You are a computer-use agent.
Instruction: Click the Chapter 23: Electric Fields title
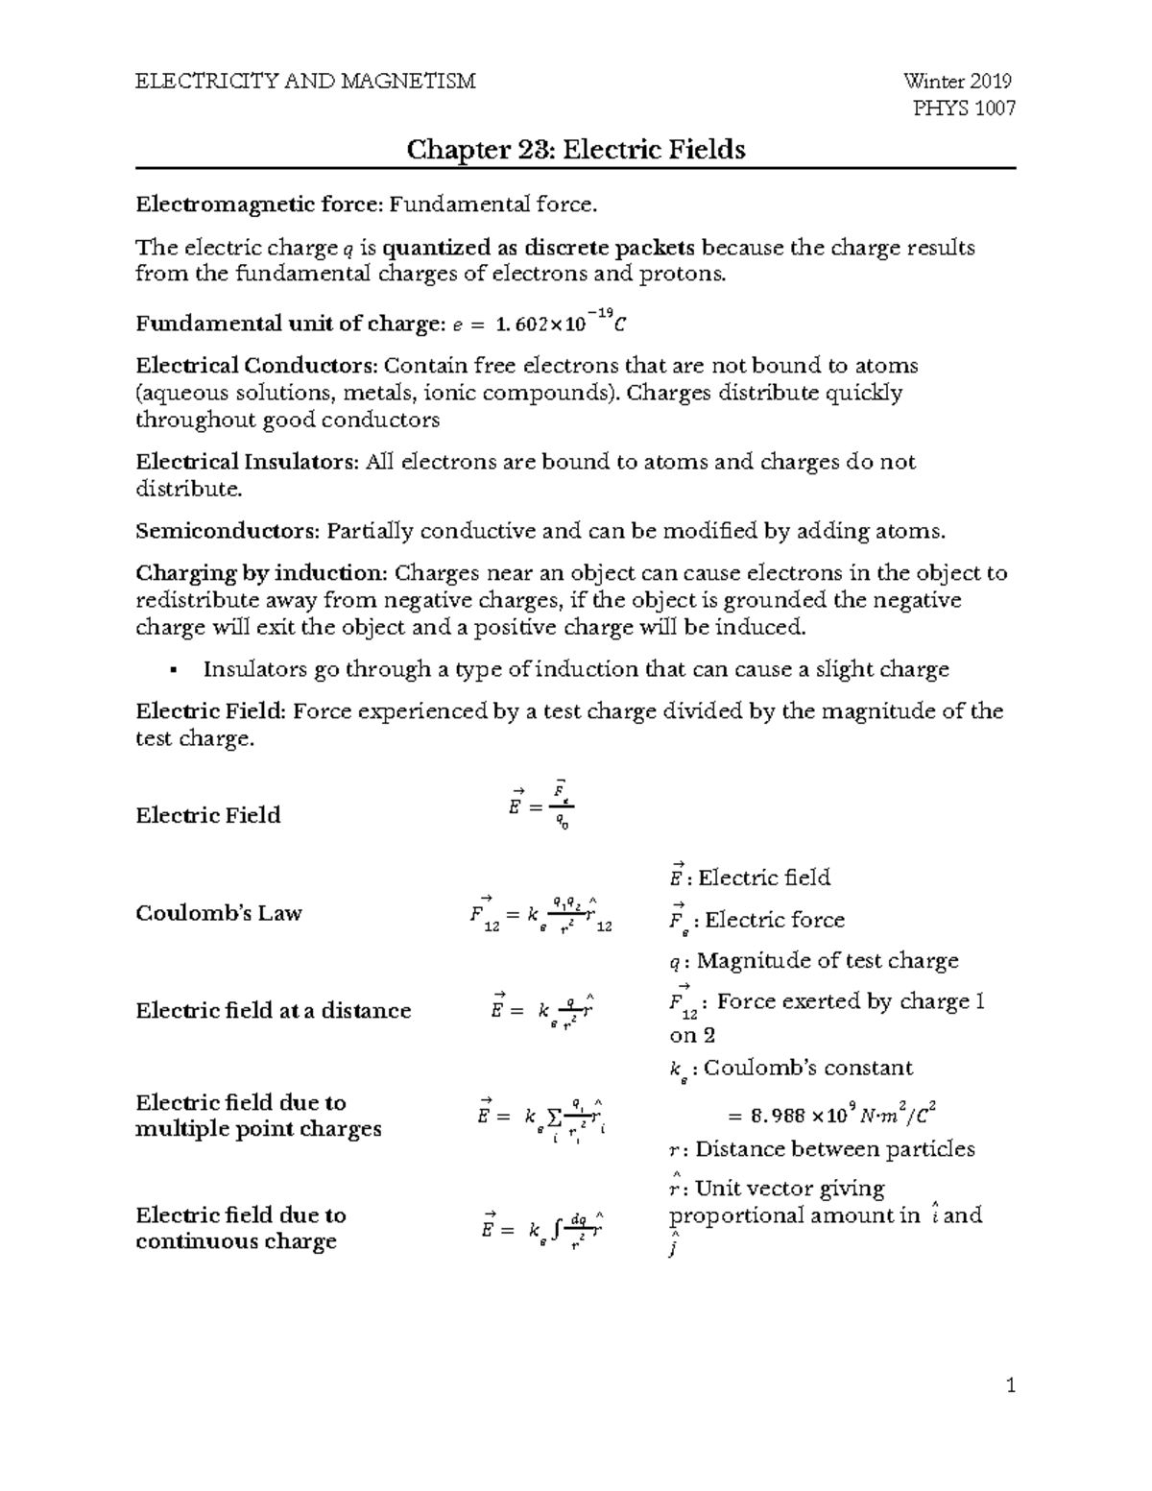(x=576, y=150)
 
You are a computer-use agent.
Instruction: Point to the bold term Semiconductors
(x=227, y=531)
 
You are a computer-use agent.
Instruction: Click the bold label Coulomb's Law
(x=219, y=913)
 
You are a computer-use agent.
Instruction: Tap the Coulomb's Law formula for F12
(x=541, y=914)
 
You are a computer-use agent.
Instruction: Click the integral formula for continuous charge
(x=541, y=1228)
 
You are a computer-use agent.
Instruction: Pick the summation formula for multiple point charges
(x=541, y=1117)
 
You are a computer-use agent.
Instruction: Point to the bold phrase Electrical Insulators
(x=246, y=462)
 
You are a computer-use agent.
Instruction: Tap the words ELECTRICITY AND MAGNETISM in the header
(x=305, y=81)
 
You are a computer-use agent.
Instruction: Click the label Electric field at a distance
(x=273, y=1010)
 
